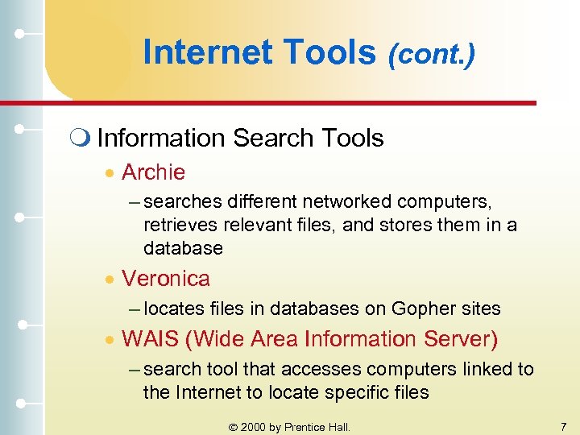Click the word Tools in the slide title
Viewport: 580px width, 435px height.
(332, 53)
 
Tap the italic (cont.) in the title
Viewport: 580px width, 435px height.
(431, 54)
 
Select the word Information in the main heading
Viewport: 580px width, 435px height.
(162, 139)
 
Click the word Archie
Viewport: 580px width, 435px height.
(153, 172)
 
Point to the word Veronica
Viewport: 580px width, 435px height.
(165, 279)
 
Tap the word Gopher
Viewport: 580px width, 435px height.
(420, 309)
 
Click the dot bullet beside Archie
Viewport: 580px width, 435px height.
(112, 173)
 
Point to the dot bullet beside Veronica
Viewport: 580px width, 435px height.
(112, 280)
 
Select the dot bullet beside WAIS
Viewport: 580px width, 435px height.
(112, 340)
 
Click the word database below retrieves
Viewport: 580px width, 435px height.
(183, 248)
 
